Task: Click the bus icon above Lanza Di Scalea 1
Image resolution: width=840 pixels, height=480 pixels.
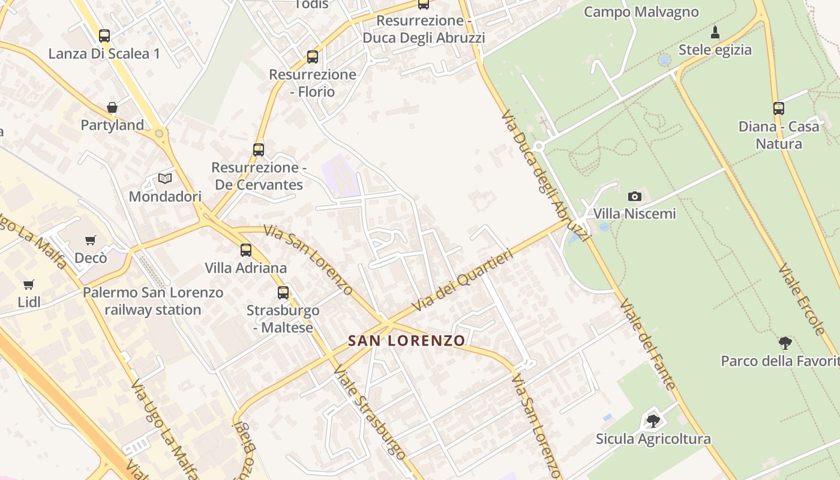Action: pos(104,36)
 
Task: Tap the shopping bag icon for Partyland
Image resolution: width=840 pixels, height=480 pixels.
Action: pos(112,107)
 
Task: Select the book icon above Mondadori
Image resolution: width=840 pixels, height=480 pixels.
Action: pos(165,178)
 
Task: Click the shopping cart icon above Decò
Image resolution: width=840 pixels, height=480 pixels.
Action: pos(91,240)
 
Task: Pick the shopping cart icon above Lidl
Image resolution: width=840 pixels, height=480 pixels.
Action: pos(29,284)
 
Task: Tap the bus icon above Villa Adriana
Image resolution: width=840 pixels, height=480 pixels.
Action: pos(246,250)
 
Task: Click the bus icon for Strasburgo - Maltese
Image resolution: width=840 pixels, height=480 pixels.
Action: pos(283,293)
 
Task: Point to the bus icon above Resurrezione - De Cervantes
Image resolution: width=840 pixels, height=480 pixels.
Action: pos(259,149)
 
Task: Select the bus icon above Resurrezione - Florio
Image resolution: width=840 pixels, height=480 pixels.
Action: pos(313,57)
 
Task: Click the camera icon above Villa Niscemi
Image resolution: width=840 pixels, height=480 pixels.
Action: pos(634,196)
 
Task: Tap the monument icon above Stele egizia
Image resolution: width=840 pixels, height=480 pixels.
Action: pos(715,32)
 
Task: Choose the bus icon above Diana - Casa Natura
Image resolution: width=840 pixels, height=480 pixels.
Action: pos(779,109)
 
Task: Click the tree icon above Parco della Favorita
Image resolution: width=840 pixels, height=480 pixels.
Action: pos(785,343)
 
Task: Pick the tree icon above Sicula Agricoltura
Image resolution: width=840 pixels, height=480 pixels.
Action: pos(653,421)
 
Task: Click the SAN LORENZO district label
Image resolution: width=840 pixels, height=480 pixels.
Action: pos(407,341)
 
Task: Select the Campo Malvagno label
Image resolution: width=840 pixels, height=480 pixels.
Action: pos(641,12)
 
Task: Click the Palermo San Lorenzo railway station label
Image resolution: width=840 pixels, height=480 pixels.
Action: pos(153,301)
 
